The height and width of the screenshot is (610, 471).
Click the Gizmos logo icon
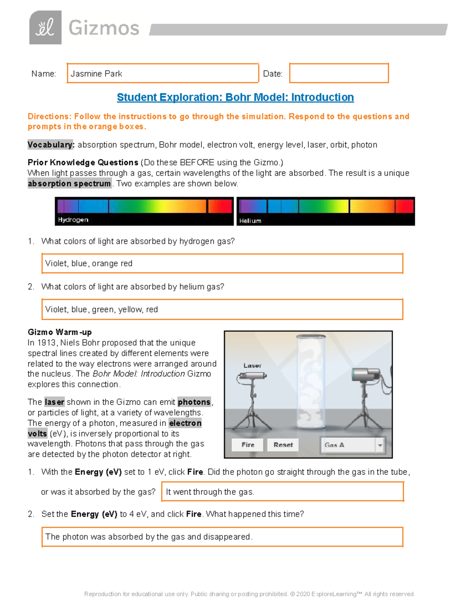click(45, 27)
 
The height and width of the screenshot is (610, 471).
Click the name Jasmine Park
click(97, 74)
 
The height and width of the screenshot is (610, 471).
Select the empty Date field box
click(339, 73)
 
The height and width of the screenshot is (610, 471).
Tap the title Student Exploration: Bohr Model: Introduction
click(235, 97)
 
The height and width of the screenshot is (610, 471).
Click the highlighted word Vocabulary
click(51, 145)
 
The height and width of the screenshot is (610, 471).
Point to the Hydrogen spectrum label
click(73, 220)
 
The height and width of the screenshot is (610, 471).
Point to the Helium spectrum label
click(250, 221)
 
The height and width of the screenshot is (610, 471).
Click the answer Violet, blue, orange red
click(89, 264)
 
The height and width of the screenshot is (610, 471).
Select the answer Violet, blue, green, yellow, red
click(101, 310)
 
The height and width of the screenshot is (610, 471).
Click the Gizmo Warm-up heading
click(59, 332)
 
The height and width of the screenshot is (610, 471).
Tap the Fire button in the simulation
click(248, 445)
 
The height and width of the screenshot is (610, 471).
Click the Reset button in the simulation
click(283, 445)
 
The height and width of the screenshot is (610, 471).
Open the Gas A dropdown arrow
click(380, 445)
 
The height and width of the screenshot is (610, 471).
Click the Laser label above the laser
click(252, 365)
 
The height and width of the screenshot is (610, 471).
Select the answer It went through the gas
click(210, 492)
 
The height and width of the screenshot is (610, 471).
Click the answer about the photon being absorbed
click(149, 537)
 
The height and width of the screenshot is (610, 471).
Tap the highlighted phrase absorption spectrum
click(69, 184)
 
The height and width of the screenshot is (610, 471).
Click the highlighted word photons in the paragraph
click(194, 402)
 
